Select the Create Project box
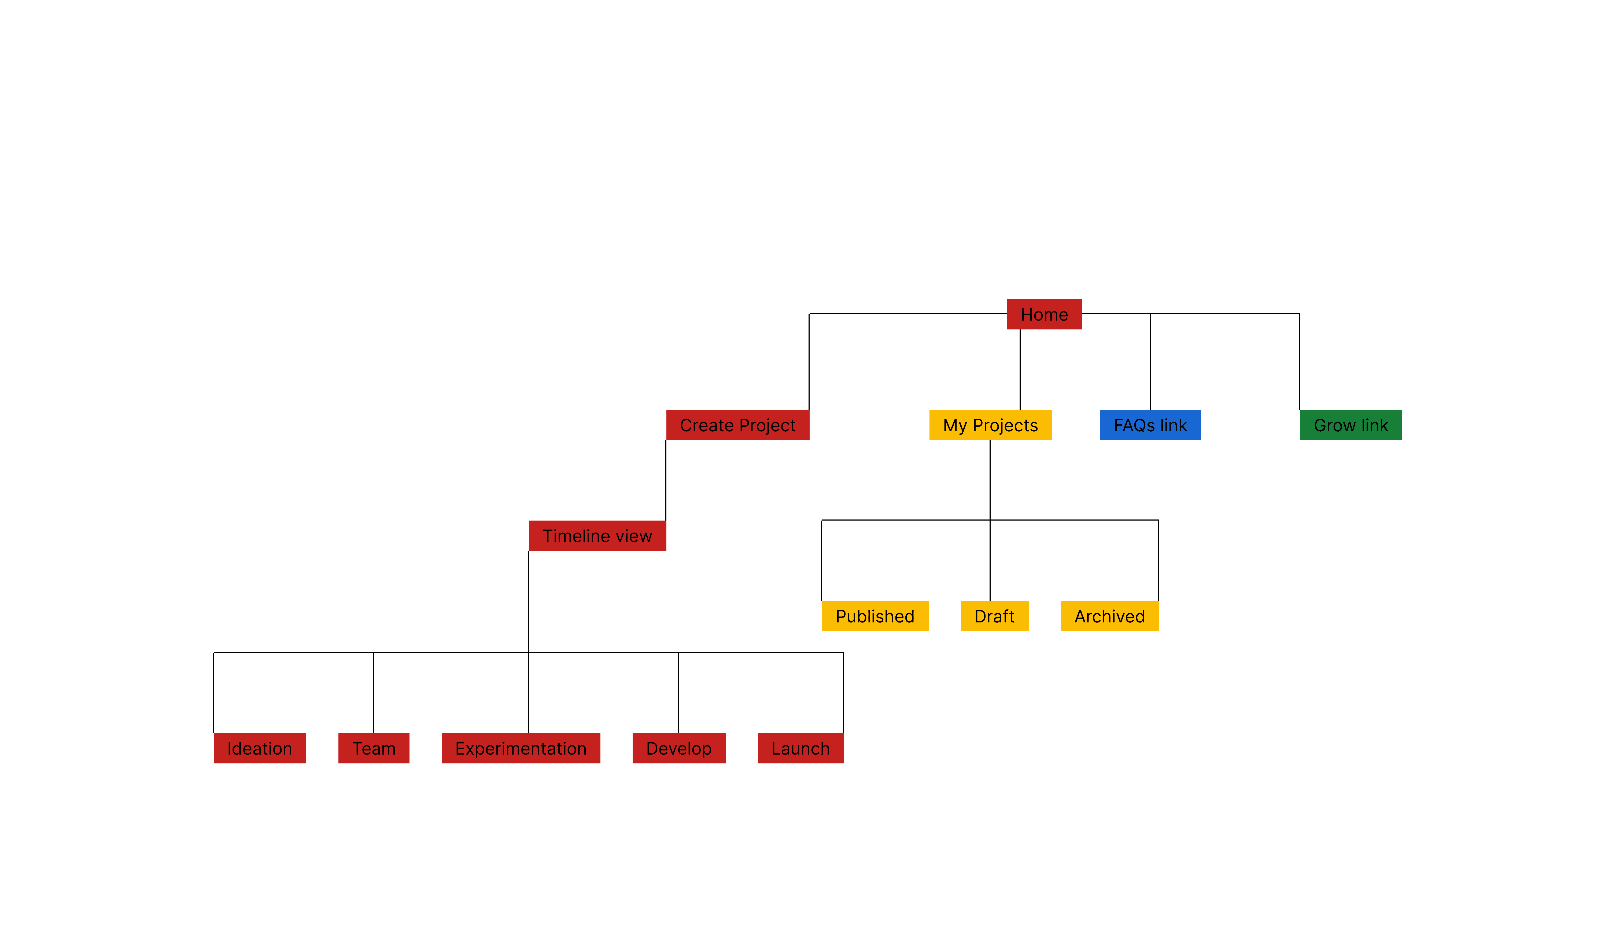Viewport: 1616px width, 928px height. [737, 425]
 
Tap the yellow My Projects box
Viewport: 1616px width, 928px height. [990, 425]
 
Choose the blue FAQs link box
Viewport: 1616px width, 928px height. [1150, 425]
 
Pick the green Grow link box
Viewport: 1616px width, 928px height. [1351, 425]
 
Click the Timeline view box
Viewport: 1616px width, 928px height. [597, 536]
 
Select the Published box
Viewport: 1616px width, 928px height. [875, 616]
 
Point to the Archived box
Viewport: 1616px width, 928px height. [1109, 616]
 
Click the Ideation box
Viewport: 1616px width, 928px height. [259, 748]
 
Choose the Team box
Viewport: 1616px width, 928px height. [374, 748]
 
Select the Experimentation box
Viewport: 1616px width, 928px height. [521, 748]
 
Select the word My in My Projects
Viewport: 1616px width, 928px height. [954, 425]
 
